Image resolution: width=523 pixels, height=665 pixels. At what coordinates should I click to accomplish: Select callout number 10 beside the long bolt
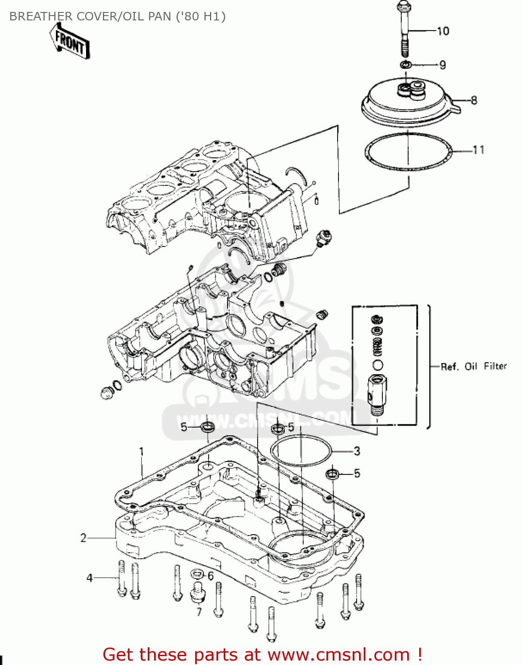point(443,31)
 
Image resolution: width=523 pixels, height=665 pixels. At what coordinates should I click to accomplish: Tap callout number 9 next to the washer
point(442,65)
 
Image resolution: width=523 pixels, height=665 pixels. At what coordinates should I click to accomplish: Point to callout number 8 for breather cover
point(474,100)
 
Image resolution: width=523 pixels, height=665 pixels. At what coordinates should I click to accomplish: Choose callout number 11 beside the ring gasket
point(478,150)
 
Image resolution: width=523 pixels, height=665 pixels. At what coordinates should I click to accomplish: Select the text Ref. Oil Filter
point(473,366)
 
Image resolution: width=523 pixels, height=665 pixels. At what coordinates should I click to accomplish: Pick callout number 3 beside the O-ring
point(357,451)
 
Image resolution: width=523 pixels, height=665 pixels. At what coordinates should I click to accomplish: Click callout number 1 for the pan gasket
point(142,452)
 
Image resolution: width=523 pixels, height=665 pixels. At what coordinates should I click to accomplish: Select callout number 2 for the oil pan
point(83,538)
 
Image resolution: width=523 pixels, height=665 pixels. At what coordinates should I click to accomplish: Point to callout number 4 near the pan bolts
point(90,578)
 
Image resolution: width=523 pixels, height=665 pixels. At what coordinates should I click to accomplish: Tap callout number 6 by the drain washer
point(210,576)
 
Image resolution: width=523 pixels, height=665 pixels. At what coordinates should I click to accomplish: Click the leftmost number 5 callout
point(184,427)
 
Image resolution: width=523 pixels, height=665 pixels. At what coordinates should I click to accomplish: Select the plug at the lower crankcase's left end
point(106,393)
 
